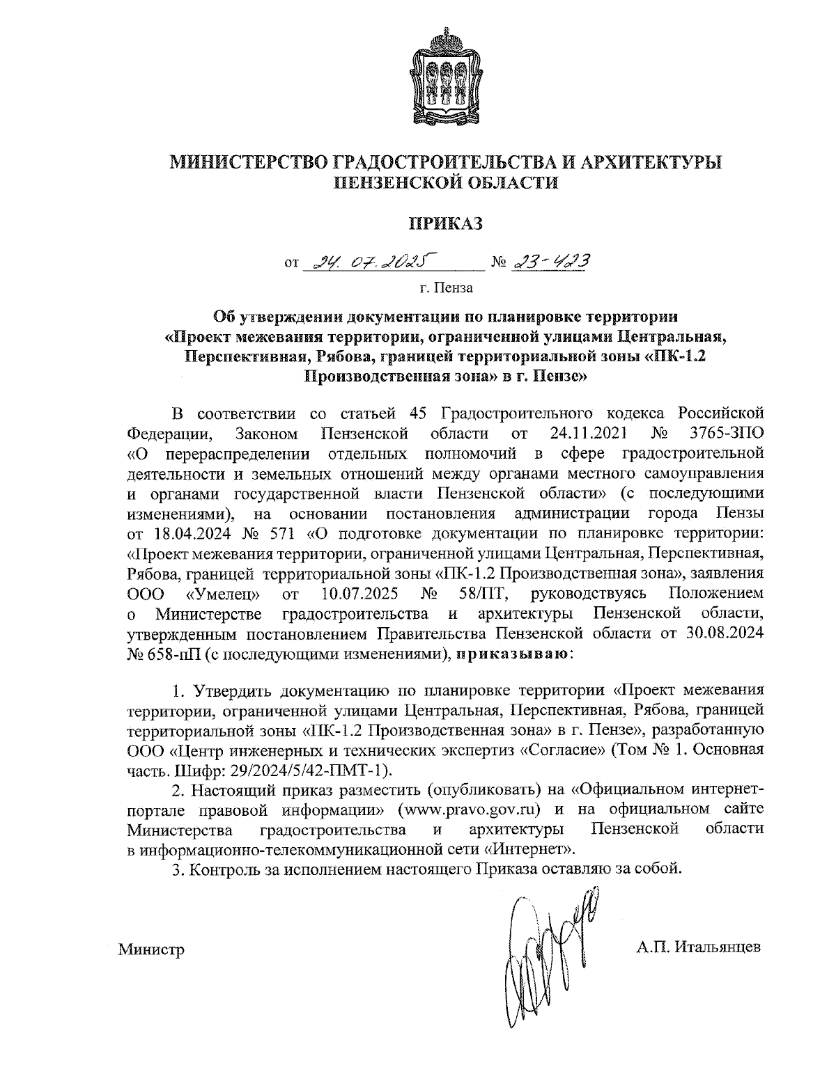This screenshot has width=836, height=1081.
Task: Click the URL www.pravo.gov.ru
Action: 470,810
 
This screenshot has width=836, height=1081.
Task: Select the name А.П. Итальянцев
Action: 698,948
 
